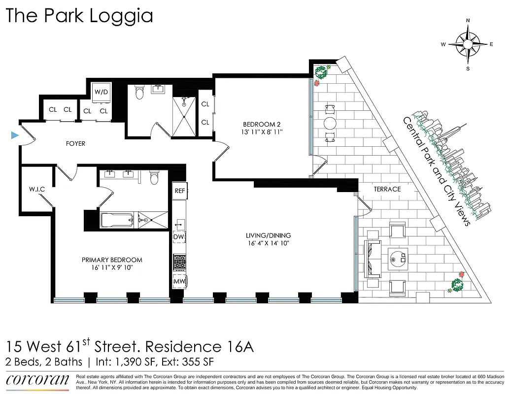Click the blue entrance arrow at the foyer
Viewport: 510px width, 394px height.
pos(15,135)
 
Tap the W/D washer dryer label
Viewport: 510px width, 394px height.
pos(102,92)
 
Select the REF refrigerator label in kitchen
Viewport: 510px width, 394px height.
pos(179,191)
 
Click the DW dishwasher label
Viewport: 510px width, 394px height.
pos(178,237)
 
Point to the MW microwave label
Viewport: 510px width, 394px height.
pos(178,282)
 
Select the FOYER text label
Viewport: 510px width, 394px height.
pos(75,144)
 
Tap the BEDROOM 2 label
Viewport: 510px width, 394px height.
pos(262,124)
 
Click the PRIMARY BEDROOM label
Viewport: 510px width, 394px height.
pos(112,260)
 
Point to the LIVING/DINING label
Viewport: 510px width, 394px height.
pos(269,235)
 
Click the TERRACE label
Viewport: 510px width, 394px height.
pos(387,189)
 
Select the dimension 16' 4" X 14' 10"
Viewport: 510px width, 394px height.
pos(269,243)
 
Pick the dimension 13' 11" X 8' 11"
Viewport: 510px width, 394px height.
pos(262,132)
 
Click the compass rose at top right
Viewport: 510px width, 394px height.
pos(467,44)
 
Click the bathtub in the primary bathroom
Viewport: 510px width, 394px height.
pos(117,220)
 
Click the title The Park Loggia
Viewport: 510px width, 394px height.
pos(79,16)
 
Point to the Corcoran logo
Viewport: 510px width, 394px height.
pos(37,380)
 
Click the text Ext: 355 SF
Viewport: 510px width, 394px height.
pos(186,362)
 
